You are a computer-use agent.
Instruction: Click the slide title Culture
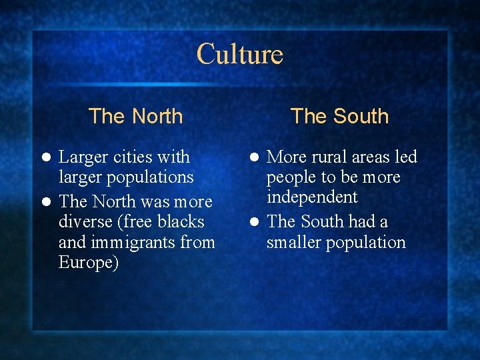coord(240,54)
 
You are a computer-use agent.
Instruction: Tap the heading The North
coord(135,116)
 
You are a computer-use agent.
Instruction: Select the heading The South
coord(339,116)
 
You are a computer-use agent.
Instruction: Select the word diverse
coord(83,221)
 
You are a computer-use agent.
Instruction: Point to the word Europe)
coord(89,263)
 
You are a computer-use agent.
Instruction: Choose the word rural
coord(331,157)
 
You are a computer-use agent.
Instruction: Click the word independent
coord(312,197)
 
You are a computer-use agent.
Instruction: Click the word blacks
coord(181,221)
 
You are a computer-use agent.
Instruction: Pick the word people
coord(291,178)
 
